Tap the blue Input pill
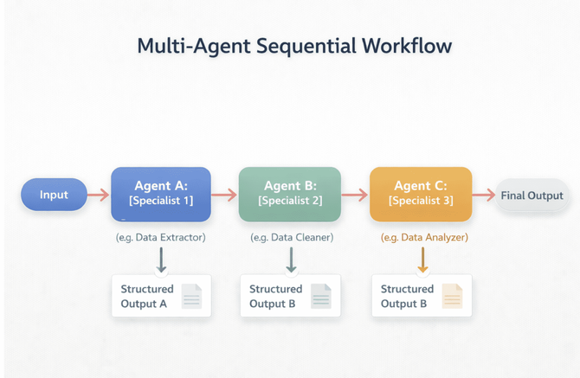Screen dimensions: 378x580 click(x=54, y=195)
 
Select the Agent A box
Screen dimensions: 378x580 click(x=161, y=194)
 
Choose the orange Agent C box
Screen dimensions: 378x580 click(x=420, y=194)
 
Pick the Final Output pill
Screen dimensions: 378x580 click(x=532, y=195)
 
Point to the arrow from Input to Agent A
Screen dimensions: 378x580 click(x=98, y=195)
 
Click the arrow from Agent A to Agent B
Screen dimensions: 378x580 click(x=224, y=195)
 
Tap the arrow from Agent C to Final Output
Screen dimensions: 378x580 click(x=483, y=195)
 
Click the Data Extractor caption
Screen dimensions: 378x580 click(x=161, y=236)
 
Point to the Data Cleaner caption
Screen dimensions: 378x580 click(x=291, y=236)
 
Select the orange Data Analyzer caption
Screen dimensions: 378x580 click(x=423, y=236)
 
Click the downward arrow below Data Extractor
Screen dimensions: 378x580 click(x=162, y=259)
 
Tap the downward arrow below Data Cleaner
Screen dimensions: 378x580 click(x=291, y=259)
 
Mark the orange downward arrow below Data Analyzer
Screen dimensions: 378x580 click(x=422, y=259)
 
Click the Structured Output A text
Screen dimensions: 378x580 click(x=146, y=296)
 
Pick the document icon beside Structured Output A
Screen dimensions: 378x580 click(x=191, y=296)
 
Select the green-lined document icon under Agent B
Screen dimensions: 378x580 click(x=321, y=296)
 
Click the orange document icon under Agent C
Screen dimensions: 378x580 click(x=453, y=296)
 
